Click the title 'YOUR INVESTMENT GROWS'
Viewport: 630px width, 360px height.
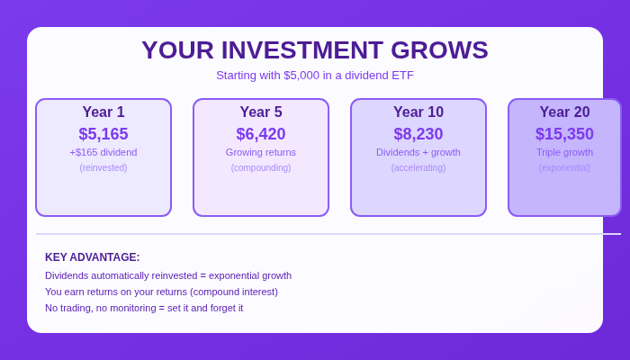pos(315,50)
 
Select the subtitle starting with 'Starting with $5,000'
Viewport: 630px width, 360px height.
pos(315,76)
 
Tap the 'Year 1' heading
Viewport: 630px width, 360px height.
pos(103,112)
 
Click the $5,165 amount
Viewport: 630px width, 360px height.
pos(103,134)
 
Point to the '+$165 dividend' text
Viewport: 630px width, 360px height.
pos(103,152)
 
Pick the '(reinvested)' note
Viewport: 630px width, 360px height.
pos(103,167)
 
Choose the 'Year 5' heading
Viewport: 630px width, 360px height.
pos(261,112)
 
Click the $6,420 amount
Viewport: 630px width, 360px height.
pos(261,134)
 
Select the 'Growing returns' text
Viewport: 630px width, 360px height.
pos(261,152)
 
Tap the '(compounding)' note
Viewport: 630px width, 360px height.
pos(261,167)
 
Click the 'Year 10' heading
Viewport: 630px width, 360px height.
pos(418,112)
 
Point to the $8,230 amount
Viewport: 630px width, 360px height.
pos(418,134)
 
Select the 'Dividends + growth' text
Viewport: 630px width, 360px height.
pos(418,152)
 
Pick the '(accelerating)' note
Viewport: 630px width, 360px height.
pos(418,167)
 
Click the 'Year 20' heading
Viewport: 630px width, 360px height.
pos(564,112)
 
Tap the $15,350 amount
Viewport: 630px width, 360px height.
pos(564,134)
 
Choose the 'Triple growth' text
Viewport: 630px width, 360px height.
pos(564,152)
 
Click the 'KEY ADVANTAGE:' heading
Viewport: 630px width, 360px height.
pos(93,257)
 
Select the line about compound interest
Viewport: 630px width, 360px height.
pos(161,292)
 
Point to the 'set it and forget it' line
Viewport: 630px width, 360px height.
pos(144,308)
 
